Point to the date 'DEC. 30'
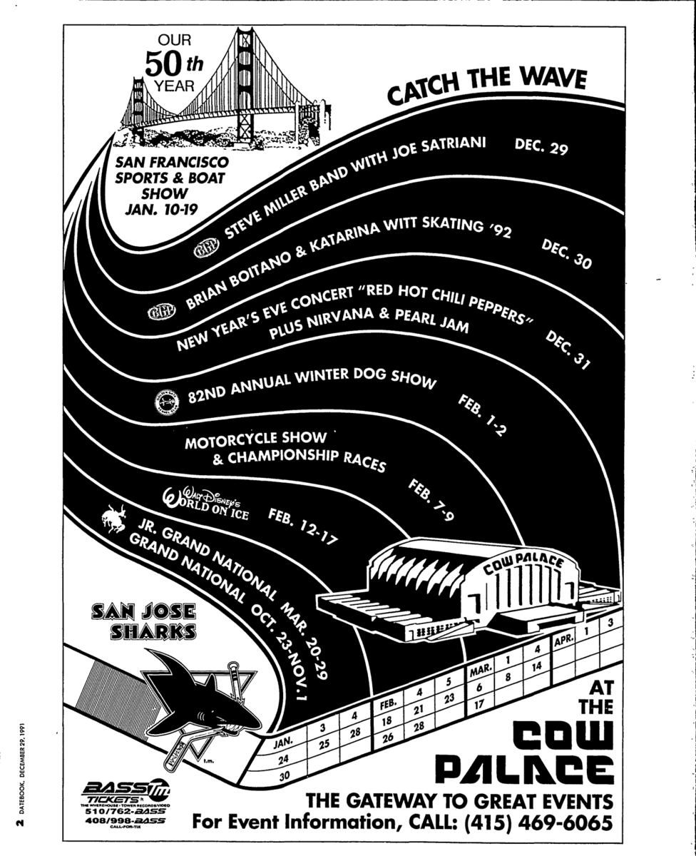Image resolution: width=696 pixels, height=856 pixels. (567, 254)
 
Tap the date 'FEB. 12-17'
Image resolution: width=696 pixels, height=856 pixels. (303, 527)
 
